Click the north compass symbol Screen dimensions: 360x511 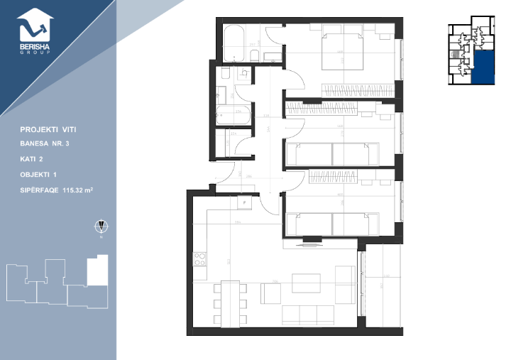[x=101, y=227]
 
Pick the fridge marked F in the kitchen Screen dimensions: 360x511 [x=245, y=202]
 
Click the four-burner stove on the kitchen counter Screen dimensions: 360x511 [x=199, y=259]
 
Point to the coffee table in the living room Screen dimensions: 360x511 [x=306, y=283]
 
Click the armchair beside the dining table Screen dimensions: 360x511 [x=270, y=292]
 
